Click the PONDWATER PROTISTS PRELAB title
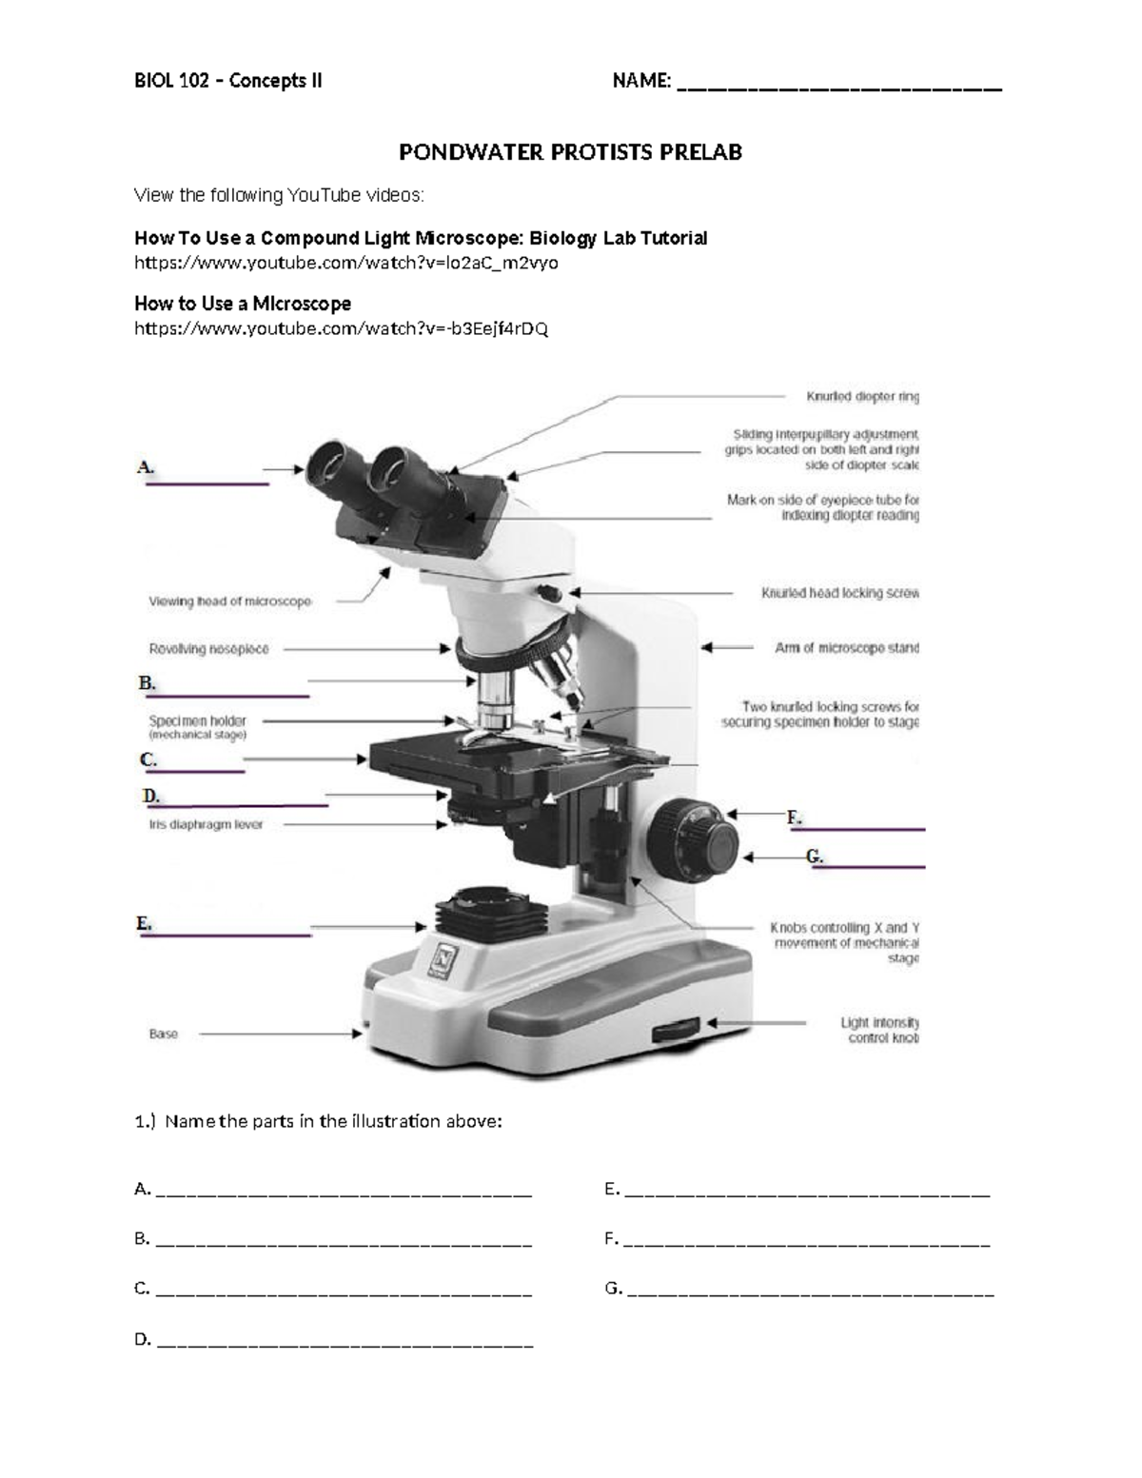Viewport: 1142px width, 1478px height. (569, 152)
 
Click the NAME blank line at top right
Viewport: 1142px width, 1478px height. (838, 87)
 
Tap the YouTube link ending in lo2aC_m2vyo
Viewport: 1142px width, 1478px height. (345, 263)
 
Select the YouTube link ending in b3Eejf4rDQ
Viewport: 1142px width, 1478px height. (341, 328)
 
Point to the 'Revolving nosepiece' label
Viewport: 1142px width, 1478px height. (208, 649)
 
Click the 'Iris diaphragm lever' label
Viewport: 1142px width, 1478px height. (206, 825)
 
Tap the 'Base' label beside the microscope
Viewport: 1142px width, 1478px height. (163, 1034)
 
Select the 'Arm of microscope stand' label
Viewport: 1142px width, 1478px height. (846, 648)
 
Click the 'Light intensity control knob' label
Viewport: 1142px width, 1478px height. (879, 1030)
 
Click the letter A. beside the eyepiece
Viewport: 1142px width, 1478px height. (145, 467)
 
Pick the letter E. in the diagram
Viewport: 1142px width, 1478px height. (144, 923)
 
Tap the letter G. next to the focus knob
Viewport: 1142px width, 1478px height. (815, 856)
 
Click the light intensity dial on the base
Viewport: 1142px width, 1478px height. (676, 1029)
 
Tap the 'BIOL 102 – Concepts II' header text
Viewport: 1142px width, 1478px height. (227, 81)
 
